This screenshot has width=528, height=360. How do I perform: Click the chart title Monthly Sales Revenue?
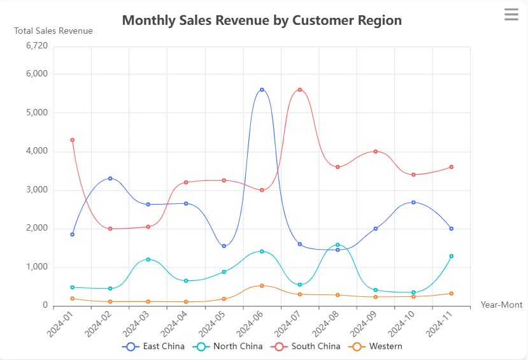(262, 20)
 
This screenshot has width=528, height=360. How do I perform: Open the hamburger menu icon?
(511, 14)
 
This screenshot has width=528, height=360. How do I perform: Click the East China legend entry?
(155, 347)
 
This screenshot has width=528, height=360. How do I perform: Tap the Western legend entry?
(378, 347)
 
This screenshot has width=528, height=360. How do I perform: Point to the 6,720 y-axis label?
(36, 46)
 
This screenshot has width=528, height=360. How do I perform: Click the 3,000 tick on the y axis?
(36, 190)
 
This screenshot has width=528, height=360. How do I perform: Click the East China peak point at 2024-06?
(262, 90)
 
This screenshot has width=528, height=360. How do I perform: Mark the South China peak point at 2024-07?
(299, 90)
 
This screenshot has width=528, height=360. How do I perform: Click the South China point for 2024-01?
(73, 140)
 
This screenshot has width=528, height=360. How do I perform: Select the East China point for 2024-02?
(110, 178)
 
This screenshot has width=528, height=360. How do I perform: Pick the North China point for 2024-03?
(148, 259)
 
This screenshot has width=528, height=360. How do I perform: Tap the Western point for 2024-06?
(262, 285)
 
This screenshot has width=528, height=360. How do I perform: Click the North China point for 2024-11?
(451, 256)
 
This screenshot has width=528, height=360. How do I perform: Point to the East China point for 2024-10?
(413, 203)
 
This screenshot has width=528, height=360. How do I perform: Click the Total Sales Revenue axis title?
(54, 31)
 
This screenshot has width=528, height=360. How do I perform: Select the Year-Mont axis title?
(502, 305)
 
